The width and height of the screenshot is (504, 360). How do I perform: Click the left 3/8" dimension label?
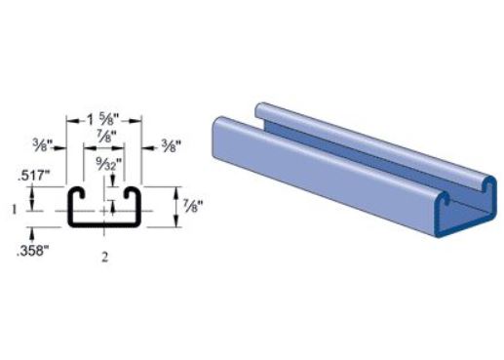tap(43, 144)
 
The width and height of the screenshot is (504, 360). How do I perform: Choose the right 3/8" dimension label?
tap(171, 144)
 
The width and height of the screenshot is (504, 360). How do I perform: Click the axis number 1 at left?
tap(14, 210)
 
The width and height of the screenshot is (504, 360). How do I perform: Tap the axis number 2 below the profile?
tap(104, 258)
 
